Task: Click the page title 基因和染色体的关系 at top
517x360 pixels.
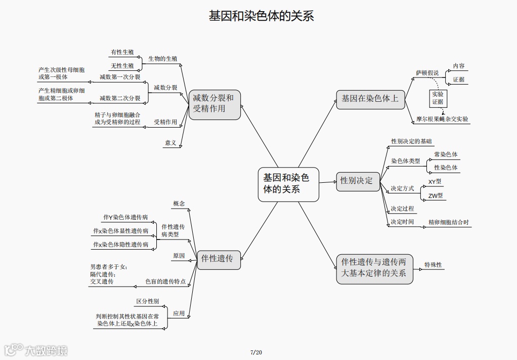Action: (261, 16)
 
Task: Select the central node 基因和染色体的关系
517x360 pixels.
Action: (288, 184)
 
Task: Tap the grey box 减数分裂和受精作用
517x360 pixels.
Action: (214, 104)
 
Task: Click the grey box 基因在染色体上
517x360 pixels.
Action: (370, 99)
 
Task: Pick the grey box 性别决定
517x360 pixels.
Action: (357, 181)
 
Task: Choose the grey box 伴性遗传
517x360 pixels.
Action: (218, 259)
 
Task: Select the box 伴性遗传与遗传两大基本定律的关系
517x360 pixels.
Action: (374, 268)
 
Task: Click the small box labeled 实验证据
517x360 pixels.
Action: (438, 98)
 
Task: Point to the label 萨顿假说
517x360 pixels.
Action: (427, 73)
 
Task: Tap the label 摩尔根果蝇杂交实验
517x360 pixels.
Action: (442, 119)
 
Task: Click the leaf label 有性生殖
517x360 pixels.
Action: (122, 52)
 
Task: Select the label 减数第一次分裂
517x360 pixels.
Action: (120, 77)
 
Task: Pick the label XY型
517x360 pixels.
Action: (435, 181)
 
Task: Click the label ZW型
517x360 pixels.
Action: (435, 195)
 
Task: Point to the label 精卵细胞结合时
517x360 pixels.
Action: (448, 222)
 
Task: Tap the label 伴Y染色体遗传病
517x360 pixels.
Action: (125, 218)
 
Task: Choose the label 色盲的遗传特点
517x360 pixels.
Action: (165, 282)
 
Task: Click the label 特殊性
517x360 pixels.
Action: (433, 265)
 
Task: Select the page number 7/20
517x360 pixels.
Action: (256, 352)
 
